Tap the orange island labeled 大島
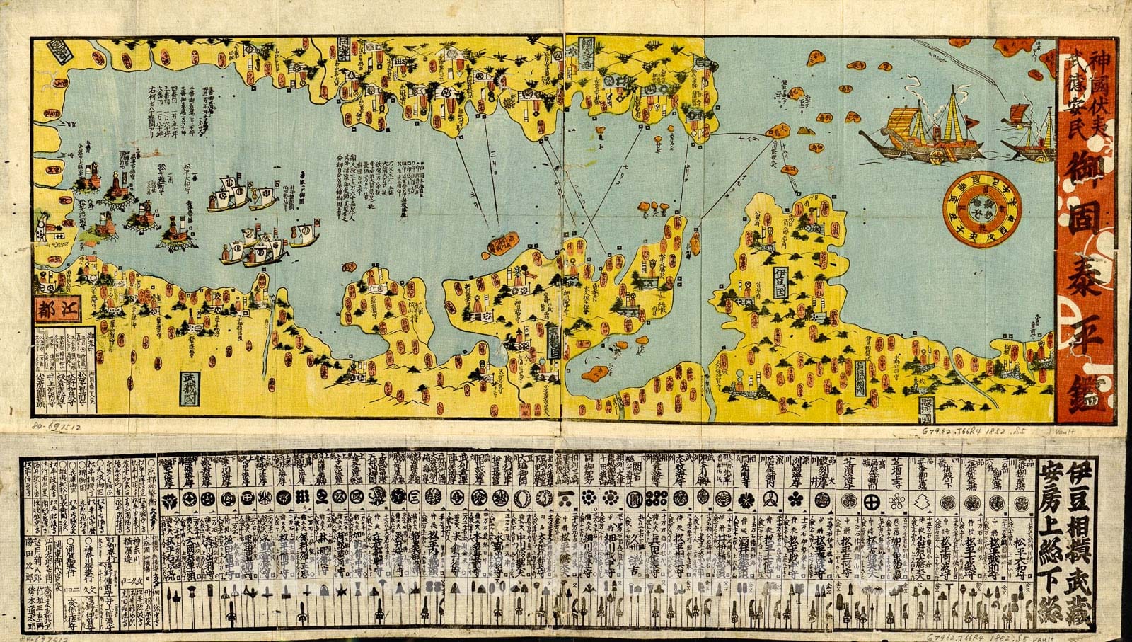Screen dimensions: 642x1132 tap(777, 132)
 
